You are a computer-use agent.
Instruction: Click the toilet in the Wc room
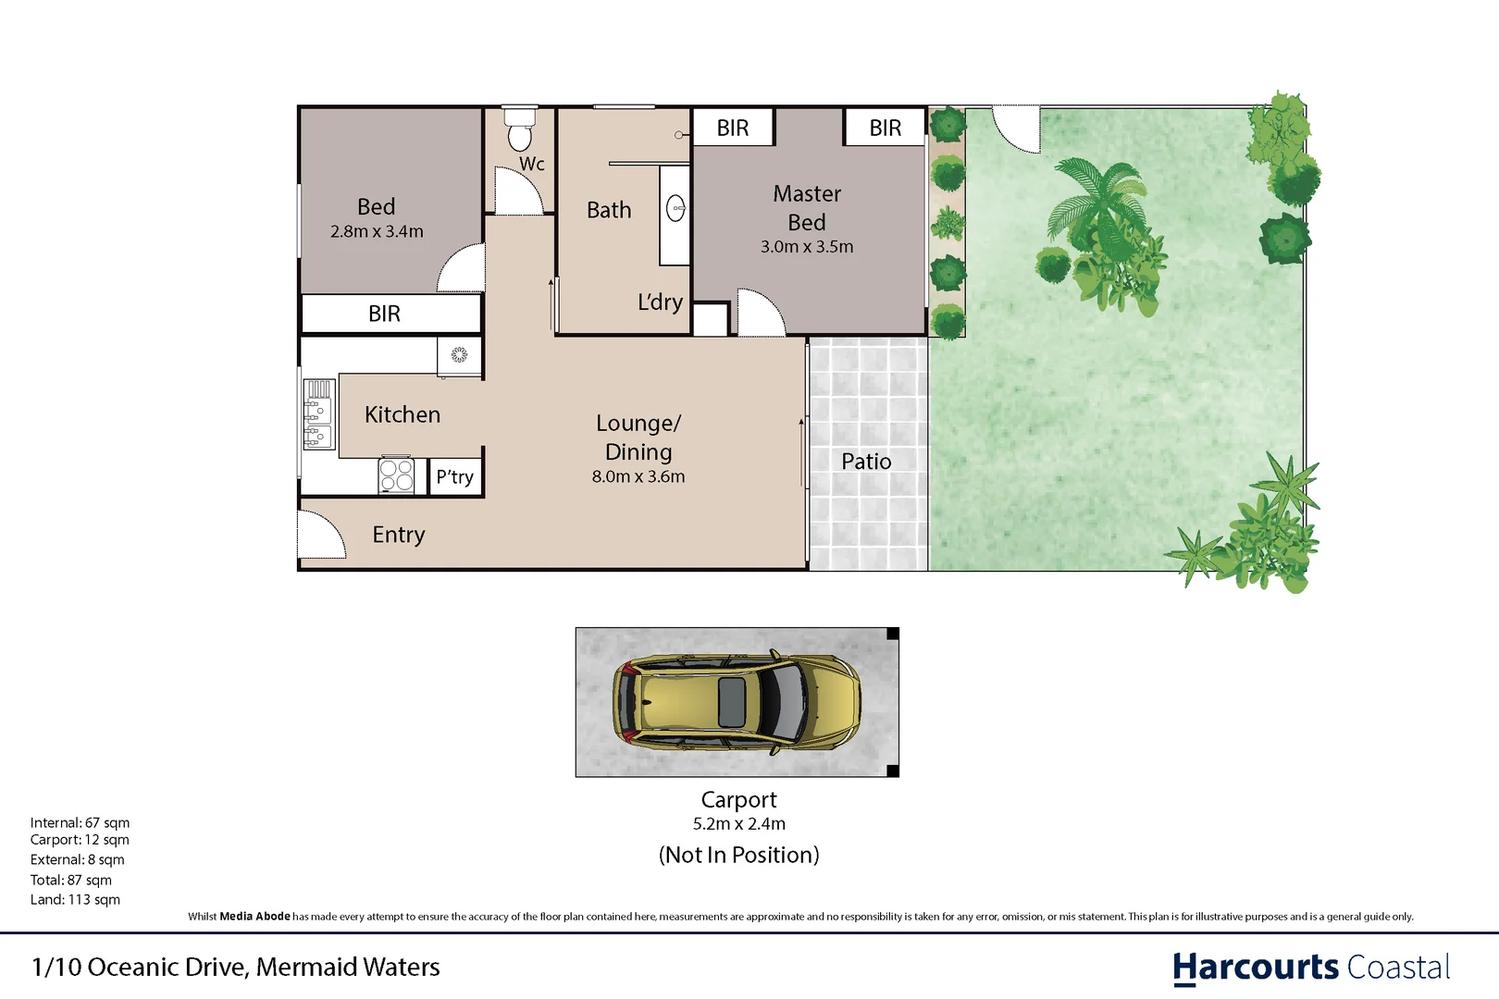520,130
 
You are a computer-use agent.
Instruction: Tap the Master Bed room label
807,208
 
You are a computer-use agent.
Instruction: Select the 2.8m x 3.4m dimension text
377,232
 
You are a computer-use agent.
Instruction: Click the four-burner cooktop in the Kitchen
397,475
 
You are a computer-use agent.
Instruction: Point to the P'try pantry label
455,477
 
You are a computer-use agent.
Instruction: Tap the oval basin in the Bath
675,209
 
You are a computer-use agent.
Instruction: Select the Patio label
866,462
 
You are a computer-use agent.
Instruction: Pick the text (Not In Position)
738,855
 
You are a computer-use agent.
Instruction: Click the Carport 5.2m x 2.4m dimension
738,824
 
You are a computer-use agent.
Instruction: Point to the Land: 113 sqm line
75,899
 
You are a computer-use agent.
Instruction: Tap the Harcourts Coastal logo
1310,968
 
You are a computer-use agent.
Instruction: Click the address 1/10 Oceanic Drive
235,968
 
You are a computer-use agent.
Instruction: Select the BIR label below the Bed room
384,314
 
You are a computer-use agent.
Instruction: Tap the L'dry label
660,302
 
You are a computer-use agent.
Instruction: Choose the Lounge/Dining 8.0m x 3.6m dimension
638,477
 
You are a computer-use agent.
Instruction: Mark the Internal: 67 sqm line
80,822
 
